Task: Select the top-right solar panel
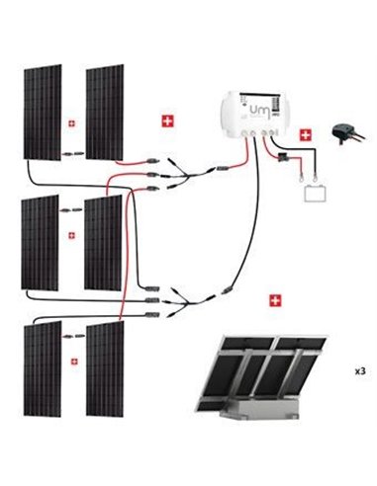point(104,112)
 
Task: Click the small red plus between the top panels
point(71,123)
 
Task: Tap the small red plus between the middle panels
point(71,235)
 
